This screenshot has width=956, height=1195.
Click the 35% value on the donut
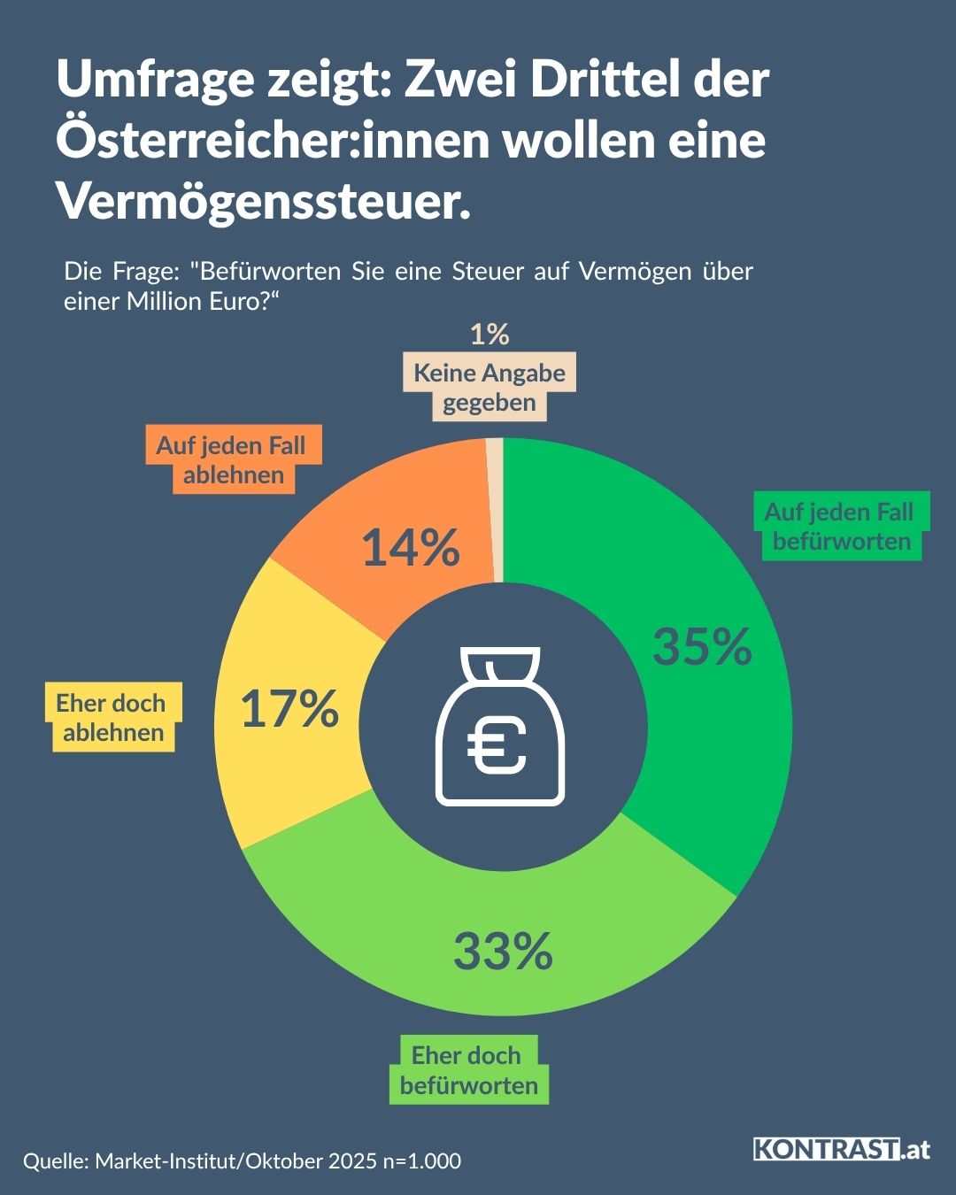(x=702, y=646)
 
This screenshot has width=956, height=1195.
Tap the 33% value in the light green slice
(x=503, y=952)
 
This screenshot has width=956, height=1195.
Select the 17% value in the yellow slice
(x=289, y=709)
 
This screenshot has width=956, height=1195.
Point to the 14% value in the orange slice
(x=411, y=547)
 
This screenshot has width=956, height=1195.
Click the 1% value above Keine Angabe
(x=490, y=335)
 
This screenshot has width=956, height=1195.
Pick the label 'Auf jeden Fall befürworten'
(x=839, y=527)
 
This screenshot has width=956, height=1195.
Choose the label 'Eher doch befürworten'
(x=468, y=1070)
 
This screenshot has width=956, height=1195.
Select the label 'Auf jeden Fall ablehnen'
(x=232, y=459)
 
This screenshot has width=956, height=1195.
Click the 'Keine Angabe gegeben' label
(x=490, y=388)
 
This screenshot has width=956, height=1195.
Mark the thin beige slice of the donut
(x=496, y=509)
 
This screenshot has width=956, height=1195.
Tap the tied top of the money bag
(x=500, y=664)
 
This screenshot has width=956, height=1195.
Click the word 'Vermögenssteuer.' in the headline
(x=264, y=201)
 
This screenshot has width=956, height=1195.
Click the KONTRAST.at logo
(x=842, y=1149)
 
